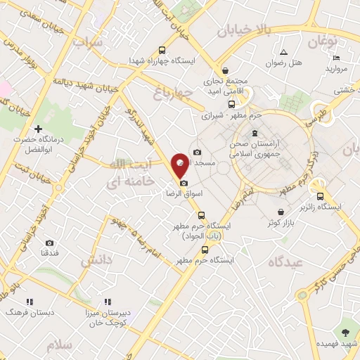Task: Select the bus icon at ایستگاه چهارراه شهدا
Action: pos(163,50)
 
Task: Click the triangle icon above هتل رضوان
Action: pos(283,52)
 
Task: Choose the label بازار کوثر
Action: pos(281,223)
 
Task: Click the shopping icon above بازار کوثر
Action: pos(281,212)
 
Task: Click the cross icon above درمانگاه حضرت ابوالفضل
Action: pos(38,129)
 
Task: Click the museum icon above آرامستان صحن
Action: pos(254,134)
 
